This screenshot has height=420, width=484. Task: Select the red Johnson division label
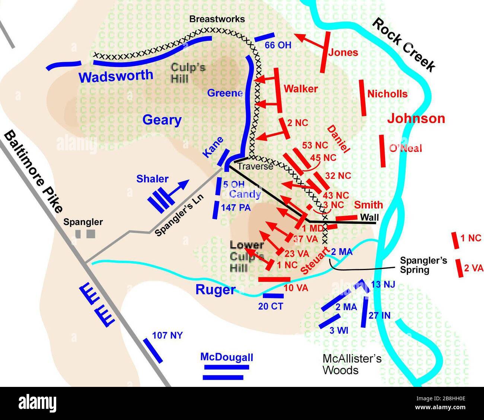tap(416, 119)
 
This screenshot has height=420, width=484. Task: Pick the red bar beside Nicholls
tap(363, 98)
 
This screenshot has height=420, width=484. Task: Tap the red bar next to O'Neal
tap(382, 151)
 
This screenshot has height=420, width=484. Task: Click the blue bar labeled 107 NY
tap(153, 350)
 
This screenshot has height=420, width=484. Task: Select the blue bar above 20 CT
tap(273, 296)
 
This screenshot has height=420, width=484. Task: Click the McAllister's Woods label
tap(352, 365)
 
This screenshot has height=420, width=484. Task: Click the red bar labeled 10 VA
tap(274, 279)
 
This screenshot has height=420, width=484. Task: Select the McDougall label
tap(226, 357)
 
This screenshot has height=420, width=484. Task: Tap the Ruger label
tap(216, 290)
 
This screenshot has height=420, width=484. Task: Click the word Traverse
tap(255, 166)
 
